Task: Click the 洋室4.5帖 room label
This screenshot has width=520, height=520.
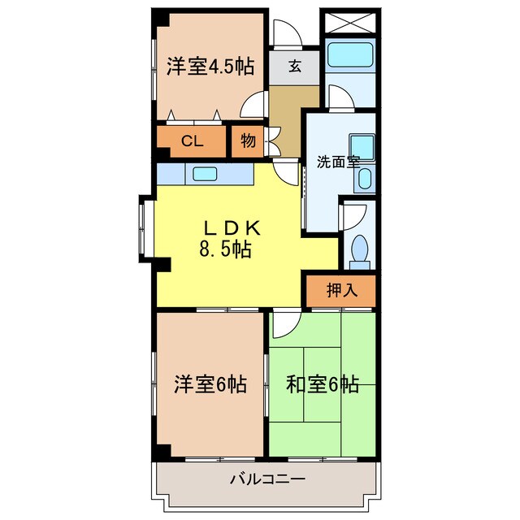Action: tap(210, 66)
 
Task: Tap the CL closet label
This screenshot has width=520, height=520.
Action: tap(192, 141)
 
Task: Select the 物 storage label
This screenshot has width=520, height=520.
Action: tap(248, 141)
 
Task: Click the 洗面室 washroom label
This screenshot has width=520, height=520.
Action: tap(338, 161)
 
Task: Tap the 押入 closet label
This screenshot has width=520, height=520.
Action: tap(340, 290)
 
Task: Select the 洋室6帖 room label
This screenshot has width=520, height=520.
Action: tap(210, 383)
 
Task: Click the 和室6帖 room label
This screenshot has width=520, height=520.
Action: tap(323, 383)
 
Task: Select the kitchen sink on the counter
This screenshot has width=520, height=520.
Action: tap(205, 173)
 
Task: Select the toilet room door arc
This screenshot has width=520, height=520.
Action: tap(353, 217)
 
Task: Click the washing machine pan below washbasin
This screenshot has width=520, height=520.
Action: tap(365, 179)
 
